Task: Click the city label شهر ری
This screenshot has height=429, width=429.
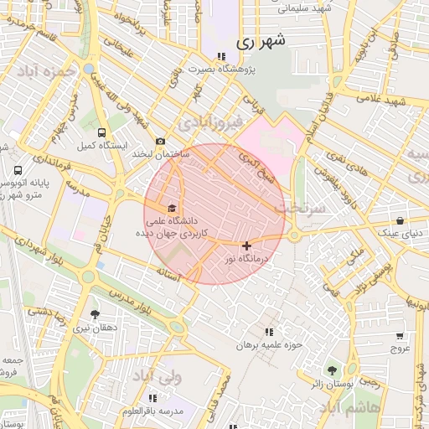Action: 261,40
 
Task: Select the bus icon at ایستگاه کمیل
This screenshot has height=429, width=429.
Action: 102,132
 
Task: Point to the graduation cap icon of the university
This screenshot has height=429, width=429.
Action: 173,208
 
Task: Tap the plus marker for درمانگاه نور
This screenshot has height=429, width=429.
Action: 246,246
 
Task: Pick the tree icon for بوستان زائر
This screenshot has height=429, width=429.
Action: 332,370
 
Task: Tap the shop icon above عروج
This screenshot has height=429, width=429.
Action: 400,335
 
